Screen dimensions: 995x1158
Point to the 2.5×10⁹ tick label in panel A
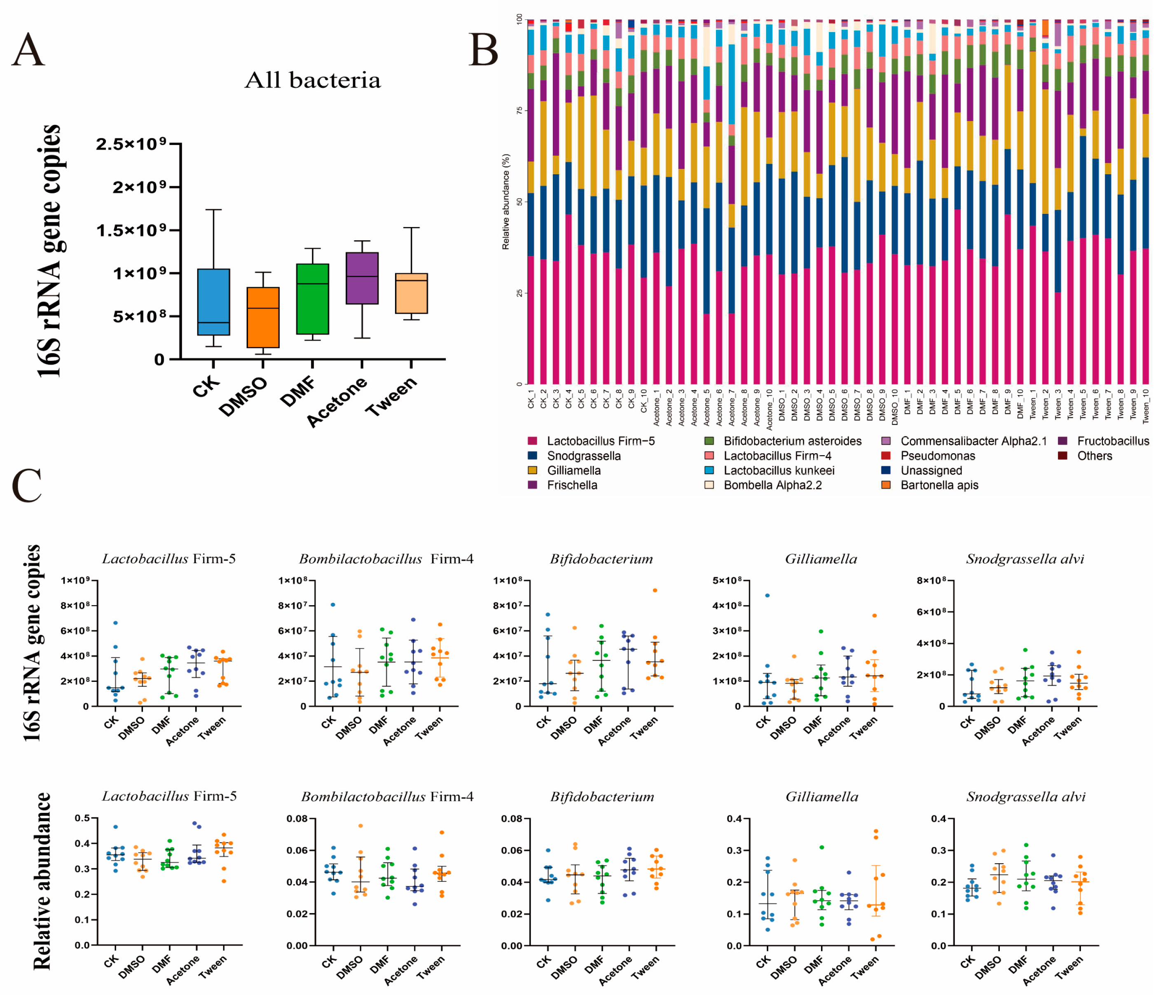131,144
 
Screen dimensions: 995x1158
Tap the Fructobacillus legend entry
1112,441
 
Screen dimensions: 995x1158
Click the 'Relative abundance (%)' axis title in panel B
506,201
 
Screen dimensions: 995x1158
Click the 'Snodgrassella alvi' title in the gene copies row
1025,559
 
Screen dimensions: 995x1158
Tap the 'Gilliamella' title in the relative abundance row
821,796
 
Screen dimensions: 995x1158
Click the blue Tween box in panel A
412,293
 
